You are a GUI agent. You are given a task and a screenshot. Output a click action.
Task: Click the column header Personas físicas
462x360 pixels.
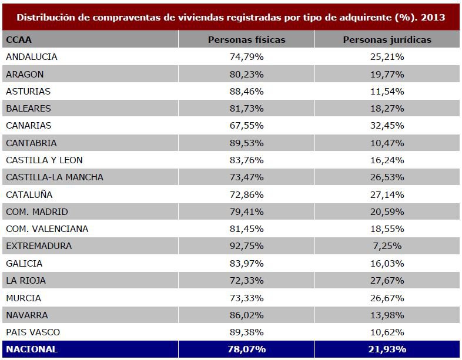click(246, 40)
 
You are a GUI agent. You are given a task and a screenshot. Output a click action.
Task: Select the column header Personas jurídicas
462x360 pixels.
click(387, 40)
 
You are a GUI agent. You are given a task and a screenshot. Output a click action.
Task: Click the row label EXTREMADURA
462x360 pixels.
click(39, 246)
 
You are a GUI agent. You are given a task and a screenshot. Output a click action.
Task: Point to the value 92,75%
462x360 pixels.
click(246, 246)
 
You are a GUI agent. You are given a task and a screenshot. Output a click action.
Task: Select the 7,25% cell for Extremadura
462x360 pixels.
click(387, 246)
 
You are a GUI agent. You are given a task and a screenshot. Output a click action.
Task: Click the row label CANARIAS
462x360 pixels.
click(29, 126)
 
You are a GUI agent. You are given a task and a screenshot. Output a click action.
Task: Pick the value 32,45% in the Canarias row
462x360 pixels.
click(387, 126)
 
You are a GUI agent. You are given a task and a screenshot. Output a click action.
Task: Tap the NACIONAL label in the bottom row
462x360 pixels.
click(32, 349)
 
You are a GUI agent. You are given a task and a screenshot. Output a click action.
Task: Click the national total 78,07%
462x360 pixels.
click(246, 349)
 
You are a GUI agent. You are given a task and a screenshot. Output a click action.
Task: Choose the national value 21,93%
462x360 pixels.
click(387, 349)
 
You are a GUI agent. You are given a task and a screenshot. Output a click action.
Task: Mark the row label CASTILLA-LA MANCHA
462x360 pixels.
click(54, 177)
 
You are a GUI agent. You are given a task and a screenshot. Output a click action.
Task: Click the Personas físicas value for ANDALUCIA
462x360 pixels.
click(246, 57)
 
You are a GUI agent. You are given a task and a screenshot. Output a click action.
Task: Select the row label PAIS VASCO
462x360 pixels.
click(33, 332)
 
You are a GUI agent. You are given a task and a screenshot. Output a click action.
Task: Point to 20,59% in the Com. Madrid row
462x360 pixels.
click(387, 211)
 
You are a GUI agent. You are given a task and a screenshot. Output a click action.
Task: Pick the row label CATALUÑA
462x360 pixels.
click(29, 194)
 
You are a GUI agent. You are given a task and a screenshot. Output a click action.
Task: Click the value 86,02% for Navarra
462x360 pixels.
click(246, 315)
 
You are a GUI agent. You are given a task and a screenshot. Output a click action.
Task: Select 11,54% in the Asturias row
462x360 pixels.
click(387, 92)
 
